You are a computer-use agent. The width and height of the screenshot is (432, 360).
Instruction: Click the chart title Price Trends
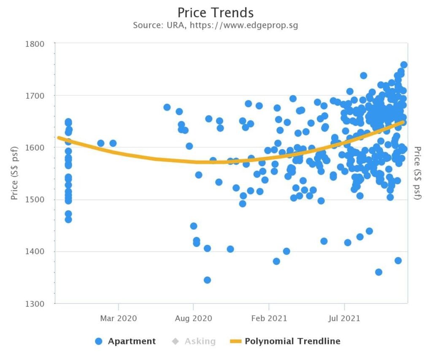pos(216,12)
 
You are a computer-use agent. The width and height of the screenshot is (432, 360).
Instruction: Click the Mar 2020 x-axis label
pos(119,318)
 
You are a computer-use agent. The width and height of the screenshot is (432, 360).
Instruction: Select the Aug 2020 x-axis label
pos(193,318)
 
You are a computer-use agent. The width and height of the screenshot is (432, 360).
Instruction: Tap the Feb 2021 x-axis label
pos(269,318)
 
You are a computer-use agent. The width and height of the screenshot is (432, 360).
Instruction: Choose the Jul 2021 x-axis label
pos(345,318)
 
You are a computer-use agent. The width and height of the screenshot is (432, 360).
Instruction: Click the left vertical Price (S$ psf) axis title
pos(15,173)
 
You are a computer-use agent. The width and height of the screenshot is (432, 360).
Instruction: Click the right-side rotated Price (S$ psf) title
pos(417,173)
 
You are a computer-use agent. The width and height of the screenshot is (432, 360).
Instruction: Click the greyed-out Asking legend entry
pos(200,341)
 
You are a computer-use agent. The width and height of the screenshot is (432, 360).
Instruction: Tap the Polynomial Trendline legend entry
pos(292,341)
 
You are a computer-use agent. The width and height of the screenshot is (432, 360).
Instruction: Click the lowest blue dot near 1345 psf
pos(207,280)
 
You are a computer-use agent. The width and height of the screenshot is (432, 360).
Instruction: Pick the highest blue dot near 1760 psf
pos(404,65)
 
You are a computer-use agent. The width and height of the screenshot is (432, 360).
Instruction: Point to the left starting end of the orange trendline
pos(59,138)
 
